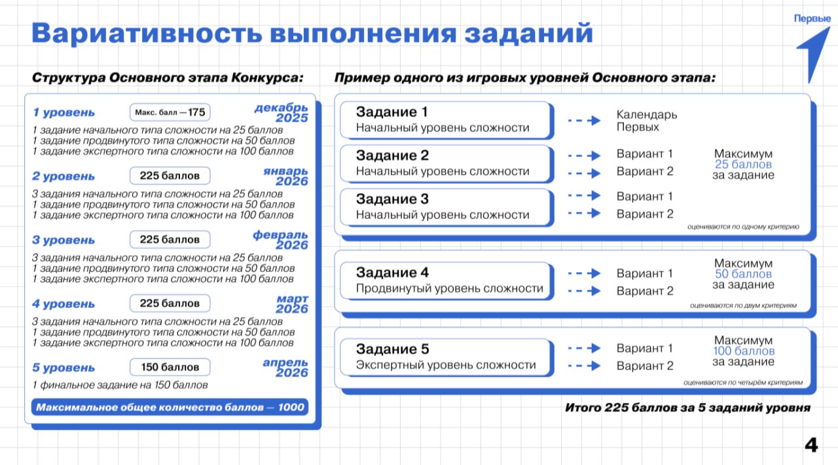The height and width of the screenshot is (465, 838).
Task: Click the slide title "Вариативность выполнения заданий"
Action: point(312,33)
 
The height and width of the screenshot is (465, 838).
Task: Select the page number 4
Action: point(811,445)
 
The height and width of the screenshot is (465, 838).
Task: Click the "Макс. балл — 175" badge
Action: point(170,112)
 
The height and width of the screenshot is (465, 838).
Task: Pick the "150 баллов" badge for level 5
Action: point(170,367)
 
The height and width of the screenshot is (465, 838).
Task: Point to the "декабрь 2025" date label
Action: point(282,112)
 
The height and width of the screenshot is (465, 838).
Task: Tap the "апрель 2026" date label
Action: point(285,368)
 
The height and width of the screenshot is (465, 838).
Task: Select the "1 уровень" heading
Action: point(64,112)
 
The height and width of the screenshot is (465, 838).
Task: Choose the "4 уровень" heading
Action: point(64,304)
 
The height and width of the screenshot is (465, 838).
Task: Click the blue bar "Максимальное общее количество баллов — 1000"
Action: point(170,407)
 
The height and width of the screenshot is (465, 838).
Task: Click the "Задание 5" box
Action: point(445,356)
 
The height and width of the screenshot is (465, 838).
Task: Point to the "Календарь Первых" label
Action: point(647,121)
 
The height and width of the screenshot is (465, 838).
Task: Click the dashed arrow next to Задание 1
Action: point(584,121)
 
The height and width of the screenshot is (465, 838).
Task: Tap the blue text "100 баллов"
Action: point(743,351)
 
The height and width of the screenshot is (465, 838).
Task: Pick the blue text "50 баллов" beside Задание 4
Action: point(743,274)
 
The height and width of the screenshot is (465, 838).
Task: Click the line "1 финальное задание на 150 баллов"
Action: point(120,385)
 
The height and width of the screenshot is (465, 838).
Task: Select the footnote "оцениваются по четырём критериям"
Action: point(743,382)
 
